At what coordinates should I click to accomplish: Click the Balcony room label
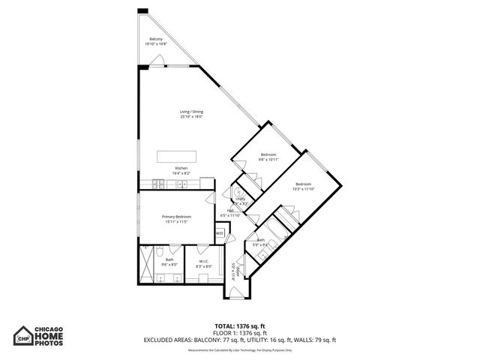click(x=155, y=41)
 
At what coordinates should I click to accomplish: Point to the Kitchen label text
click(x=181, y=170)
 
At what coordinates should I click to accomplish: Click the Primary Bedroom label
click(x=174, y=219)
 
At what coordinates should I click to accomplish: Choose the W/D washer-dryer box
click(x=220, y=234)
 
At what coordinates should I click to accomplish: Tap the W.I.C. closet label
click(x=203, y=263)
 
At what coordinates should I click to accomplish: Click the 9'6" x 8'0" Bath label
click(x=169, y=262)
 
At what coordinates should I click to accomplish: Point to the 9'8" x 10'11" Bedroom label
click(x=268, y=157)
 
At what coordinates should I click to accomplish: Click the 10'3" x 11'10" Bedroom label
click(x=303, y=187)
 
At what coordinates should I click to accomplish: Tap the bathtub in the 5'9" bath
click(x=285, y=223)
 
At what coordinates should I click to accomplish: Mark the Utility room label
click(x=241, y=201)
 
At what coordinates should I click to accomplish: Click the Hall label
click(x=229, y=213)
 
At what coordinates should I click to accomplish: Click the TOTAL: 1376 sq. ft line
click(x=239, y=325)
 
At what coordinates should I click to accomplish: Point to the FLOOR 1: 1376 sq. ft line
click(x=239, y=332)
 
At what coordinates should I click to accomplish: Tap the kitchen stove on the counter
click(x=156, y=182)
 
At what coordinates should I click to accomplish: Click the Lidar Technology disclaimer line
click(x=239, y=350)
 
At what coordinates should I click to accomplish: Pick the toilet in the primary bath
click(x=172, y=250)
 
